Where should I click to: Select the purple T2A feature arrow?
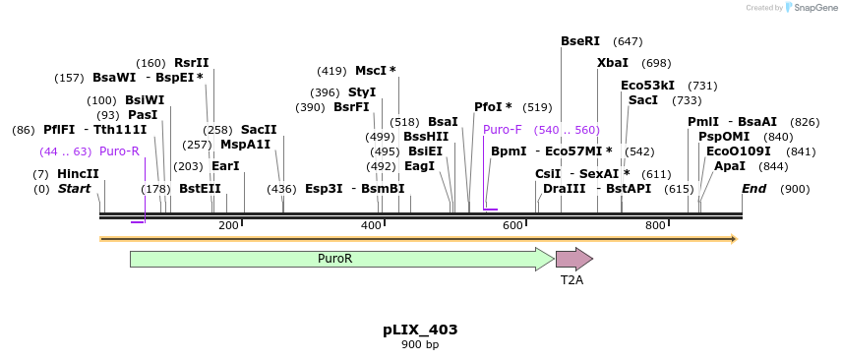[x=573, y=259]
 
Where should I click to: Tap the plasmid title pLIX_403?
[x=420, y=330]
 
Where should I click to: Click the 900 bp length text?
[x=420, y=345]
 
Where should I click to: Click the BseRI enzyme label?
[x=580, y=41]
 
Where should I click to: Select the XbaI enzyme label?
[x=613, y=63]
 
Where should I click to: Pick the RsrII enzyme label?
[x=192, y=63]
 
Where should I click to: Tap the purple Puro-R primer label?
[x=119, y=151]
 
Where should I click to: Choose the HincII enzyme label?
[x=78, y=174]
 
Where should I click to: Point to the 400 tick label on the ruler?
[x=371, y=226]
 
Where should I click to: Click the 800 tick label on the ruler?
[x=655, y=226]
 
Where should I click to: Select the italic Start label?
[x=74, y=189]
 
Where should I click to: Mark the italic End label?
[x=753, y=189]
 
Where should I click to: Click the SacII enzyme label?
[x=259, y=130]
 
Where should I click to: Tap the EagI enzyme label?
[x=419, y=166]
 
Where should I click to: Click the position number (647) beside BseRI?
[x=628, y=41]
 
